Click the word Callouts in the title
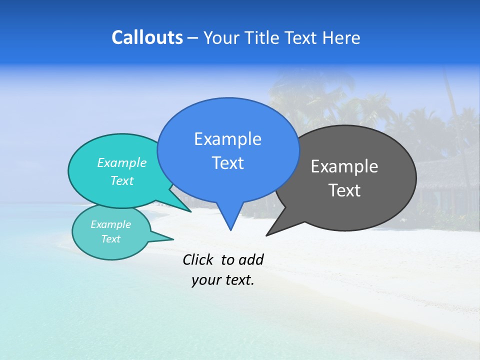(x=147, y=37)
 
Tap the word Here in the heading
(x=342, y=38)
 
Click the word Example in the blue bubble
(x=227, y=139)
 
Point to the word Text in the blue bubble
(x=227, y=163)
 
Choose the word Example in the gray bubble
(x=344, y=166)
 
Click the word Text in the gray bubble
(x=344, y=190)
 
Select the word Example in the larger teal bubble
(x=121, y=162)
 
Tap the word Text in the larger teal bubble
(x=121, y=180)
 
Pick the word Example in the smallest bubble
(x=110, y=224)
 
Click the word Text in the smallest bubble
(x=110, y=239)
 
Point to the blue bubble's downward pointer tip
(x=230, y=230)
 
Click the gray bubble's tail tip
(x=266, y=235)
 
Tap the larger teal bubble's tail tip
(x=191, y=211)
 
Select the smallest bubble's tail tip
(x=173, y=239)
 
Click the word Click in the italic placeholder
(x=198, y=259)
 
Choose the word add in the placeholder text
(x=251, y=259)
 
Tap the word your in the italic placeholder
(x=205, y=280)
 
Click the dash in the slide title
(x=193, y=38)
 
